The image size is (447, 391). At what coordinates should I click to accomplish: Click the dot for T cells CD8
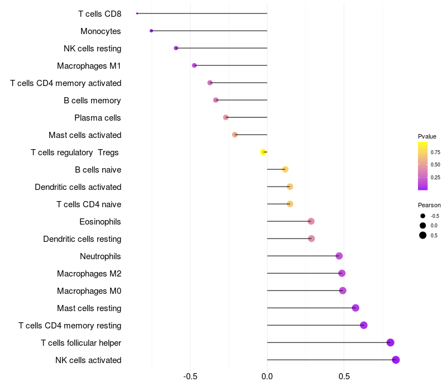pos(137,13)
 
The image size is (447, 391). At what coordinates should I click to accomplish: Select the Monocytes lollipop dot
pos(151,31)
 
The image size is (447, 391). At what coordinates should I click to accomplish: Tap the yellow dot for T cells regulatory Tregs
pos(263,152)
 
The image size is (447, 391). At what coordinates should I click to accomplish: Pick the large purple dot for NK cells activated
pos(396,360)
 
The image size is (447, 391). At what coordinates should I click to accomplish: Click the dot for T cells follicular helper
pos(390,342)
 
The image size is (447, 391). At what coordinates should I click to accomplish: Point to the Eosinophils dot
pos(311,221)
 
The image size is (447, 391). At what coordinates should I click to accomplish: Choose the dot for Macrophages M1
pos(194,65)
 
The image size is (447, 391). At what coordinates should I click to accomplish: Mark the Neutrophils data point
pos(339,256)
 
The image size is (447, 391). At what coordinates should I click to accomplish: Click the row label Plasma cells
pos(98,118)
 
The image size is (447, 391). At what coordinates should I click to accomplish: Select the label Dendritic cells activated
pos(78,187)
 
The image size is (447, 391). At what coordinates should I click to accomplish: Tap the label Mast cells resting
pos(89,308)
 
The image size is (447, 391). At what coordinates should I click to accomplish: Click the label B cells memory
pos(92,101)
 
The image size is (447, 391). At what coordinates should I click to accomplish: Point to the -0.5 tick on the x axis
pos(191,376)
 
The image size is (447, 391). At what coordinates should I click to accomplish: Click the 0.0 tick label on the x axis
pos(267,376)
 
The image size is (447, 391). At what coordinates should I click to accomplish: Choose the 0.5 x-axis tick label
pos(344,376)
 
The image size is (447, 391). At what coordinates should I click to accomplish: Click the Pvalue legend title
pos(427,136)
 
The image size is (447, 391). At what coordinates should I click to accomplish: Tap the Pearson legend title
pos(429,205)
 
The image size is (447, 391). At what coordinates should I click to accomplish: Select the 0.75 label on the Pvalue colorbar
pos(435,152)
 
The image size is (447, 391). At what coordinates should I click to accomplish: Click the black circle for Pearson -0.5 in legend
pos(423,216)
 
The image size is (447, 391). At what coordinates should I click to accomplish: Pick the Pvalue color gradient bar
pos(422,166)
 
